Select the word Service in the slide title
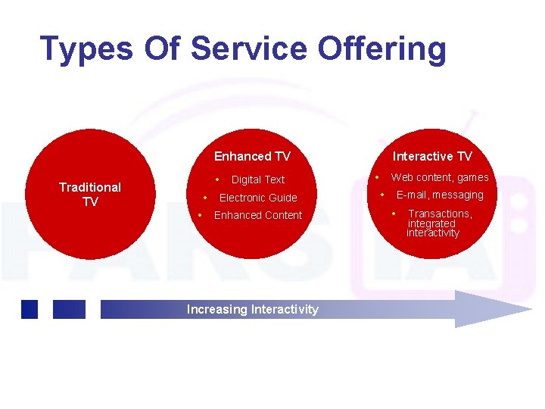click(x=251, y=48)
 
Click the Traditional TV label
click(x=90, y=194)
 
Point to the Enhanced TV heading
click(x=252, y=156)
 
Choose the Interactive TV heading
click(x=432, y=156)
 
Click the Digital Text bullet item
click(x=257, y=180)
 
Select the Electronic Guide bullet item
click(x=257, y=198)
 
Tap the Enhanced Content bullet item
click(x=257, y=215)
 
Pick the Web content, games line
click(x=439, y=177)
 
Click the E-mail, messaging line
click(x=439, y=195)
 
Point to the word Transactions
click(x=439, y=214)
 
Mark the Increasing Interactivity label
click(x=252, y=309)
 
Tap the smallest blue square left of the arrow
click(x=30, y=309)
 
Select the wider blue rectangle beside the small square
click(x=69, y=309)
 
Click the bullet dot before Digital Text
click(x=217, y=180)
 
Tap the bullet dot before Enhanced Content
click(x=200, y=215)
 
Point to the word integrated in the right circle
click(x=431, y=223)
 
